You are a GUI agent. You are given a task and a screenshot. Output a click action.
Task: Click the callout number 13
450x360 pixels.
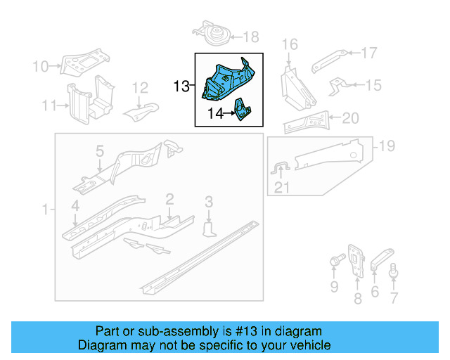point(181,86)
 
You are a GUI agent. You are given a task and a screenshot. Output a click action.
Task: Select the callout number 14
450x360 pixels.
point(216,112)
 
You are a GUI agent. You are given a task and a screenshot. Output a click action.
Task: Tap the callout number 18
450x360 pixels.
point(250,37)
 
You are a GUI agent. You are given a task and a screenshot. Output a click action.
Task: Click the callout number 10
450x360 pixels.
point(40,67)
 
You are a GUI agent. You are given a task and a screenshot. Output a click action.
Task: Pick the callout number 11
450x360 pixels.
point(49,106)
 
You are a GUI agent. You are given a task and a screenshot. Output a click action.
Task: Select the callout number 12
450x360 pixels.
point(141,88)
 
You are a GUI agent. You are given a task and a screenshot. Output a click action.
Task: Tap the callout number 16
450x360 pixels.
point(290,45)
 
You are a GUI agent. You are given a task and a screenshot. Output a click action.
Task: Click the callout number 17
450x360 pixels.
point(369,53)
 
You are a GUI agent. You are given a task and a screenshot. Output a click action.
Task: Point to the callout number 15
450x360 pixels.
point(373,86)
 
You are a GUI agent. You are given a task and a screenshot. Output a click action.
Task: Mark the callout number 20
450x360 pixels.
point(350,118)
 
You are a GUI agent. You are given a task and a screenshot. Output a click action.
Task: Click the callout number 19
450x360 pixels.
point(387,146)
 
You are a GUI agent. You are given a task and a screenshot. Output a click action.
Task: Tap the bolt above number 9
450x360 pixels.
point(334,264)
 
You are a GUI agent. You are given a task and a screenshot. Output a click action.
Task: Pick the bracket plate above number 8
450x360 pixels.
point(356,260)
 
